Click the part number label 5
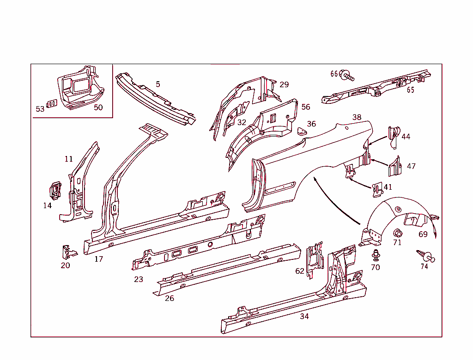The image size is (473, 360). tap(158, 84)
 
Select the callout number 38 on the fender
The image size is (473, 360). tap(357, 117)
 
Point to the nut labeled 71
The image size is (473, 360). tap(397, 232)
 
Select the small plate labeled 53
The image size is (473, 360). tap(52, 103)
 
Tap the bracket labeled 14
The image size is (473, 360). tap(55, 191)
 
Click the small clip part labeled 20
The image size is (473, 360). tap(67, 252)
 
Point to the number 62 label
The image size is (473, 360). tap(300, 271)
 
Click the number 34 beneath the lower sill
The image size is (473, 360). tap(304, 316)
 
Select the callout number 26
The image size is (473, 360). tap(170, 298)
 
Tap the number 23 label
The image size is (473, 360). tap(139, 279)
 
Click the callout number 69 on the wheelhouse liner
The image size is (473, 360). tap(423, 234)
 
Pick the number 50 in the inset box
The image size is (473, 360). tap(98, 108)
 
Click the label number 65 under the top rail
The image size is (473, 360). tap(410, 90)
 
